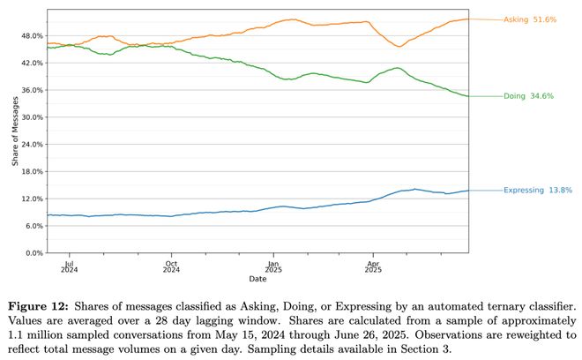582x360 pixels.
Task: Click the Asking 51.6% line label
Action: pyautogui.click(x=529, y=19)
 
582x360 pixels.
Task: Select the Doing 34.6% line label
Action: pyautogui.click(x=528, y=95)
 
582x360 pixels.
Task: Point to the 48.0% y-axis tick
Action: pyautogui.click(x=32, y=36)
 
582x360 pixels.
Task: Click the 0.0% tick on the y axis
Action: pyautogui.click(x=34, y=253)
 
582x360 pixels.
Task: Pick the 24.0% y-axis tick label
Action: pyautogui.click(x=32, y=145)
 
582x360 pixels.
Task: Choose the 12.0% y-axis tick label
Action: pyautogui.click(x=32, y=199)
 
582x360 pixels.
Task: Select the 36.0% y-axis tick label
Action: pyautogui.click(x=32, y=90)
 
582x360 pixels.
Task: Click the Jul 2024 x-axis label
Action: pyautogui.click(x=70, y=266)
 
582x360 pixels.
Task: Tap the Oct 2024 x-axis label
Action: pyautogui.click(x=172, y=266)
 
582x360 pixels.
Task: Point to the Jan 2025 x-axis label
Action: pyautogui.click(x=274, y=266)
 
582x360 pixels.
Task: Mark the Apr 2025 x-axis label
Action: pyautogui.click(x=374, y=266)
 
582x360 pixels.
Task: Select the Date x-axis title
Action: pyautogui.click(x=257, y=279)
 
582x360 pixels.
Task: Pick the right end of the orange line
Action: pyautogui.click(x=468, y=19)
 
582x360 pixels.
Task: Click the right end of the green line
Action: pyautogui.click(x=468, y=95)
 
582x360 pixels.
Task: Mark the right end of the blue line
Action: pyautogui.click(x=468, y=191)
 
